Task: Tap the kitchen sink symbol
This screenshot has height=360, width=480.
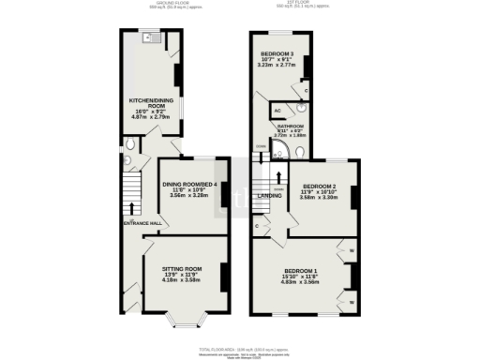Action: point(149,38)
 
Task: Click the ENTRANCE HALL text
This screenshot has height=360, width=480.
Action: point(142,223)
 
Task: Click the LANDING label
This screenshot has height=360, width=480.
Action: point(271,195)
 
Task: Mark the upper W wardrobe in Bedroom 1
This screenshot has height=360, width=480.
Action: point(351,251)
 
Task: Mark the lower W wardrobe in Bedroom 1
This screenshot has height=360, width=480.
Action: point(351,303)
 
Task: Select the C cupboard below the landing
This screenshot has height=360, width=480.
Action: point(257,227)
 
